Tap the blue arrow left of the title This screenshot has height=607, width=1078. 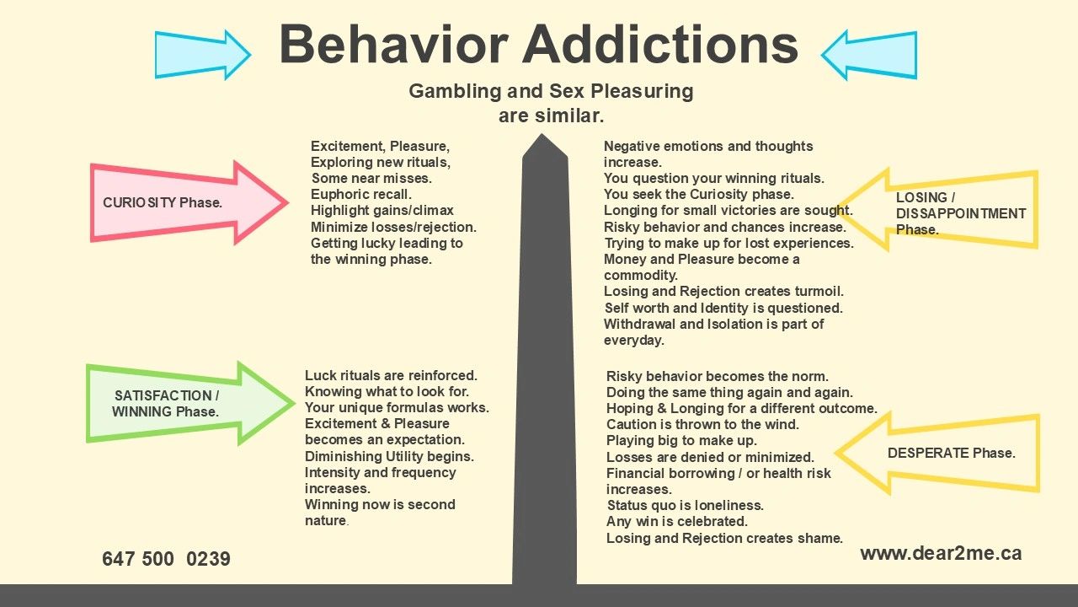(203, 55)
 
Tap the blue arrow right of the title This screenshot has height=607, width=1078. (868, 55)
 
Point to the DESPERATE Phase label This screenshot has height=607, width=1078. (951, 453)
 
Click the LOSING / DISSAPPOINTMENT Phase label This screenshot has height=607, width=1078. (960, 213)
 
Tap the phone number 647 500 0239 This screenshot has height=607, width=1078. (166, 559)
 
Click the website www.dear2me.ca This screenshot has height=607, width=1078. (941, 553)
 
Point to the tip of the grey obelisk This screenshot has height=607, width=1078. (545, 136)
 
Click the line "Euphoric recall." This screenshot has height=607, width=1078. (361, 195)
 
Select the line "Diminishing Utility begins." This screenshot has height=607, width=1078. (389, 456)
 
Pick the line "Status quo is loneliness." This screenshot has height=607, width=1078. (685, 506)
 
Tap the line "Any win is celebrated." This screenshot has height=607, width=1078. (677, 522)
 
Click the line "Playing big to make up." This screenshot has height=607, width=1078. (681, 441)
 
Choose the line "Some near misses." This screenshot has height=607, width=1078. (371, 179)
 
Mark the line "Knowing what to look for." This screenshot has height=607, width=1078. (387, 391)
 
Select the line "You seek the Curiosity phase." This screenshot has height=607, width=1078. (698, 195)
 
